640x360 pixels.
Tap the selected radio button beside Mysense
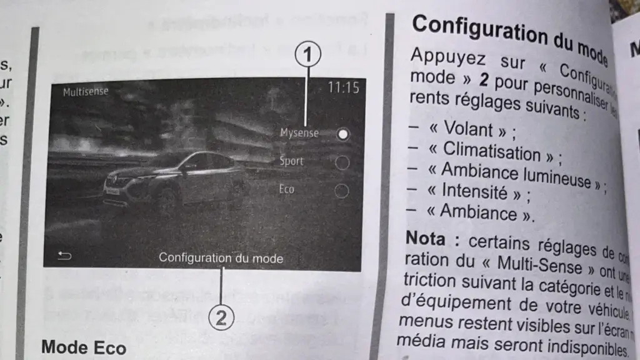coord(342,134)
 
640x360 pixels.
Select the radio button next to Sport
coord(342,162)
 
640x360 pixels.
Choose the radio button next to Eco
coord(342,191)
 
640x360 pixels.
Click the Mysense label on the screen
coord(299,133)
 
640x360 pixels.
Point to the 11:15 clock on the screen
coord(344,88)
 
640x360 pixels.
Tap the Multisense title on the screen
coord(86,92)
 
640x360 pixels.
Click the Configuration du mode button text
coord(221,257)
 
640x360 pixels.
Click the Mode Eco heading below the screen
coord(84,347)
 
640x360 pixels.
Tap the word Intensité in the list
coord(476,190)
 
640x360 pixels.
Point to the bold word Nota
coord(426,237)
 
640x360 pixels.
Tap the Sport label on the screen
coord(291,161)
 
